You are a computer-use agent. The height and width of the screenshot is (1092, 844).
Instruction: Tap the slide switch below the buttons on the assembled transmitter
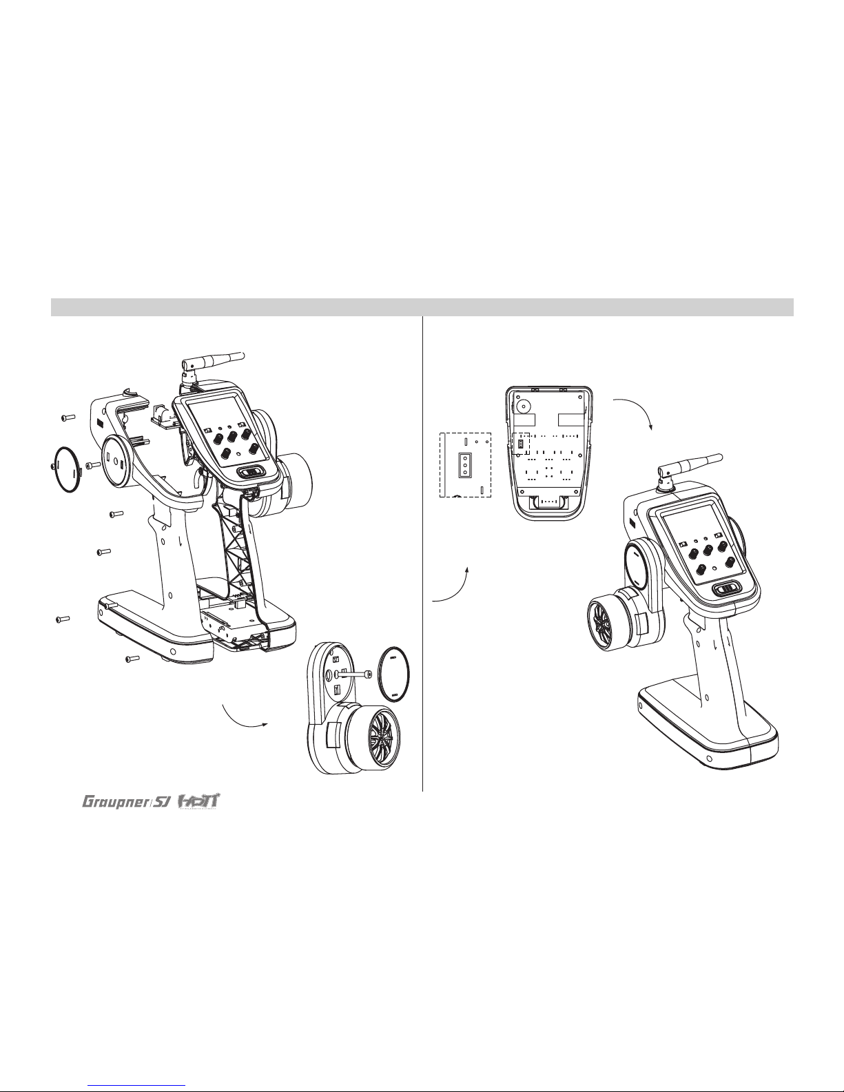pos(725,589)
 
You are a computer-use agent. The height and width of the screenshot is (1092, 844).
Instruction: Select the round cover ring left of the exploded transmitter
pos(66,469)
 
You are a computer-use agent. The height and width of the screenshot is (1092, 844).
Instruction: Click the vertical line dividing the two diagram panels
pos(422,551)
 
